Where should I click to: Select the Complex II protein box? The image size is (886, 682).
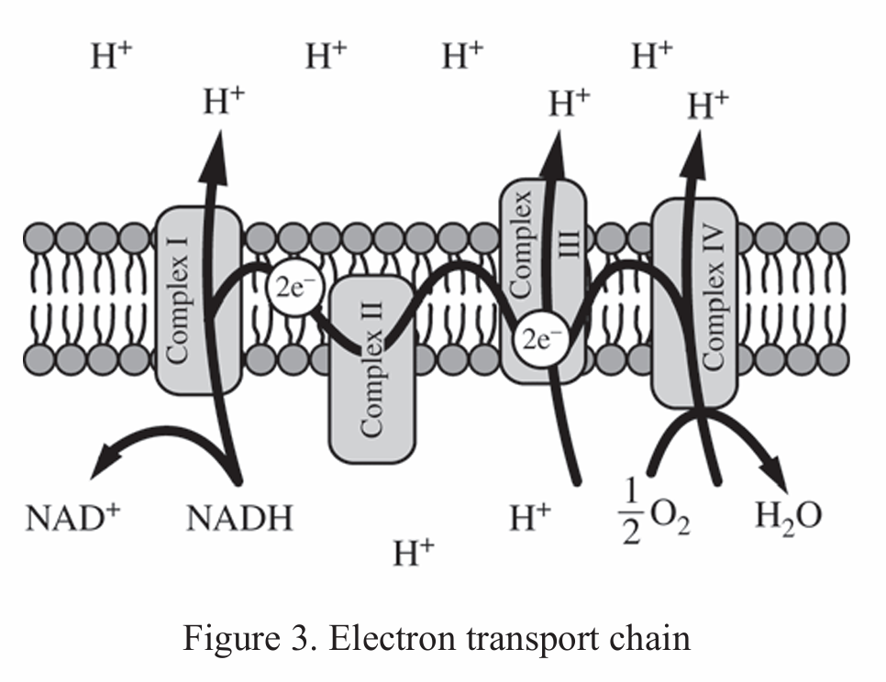coord(371,385)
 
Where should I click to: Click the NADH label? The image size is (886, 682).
coord(239,519)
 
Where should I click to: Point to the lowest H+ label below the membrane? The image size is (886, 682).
coord(413,554)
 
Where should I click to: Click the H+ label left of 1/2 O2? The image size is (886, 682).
coord(531,519)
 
